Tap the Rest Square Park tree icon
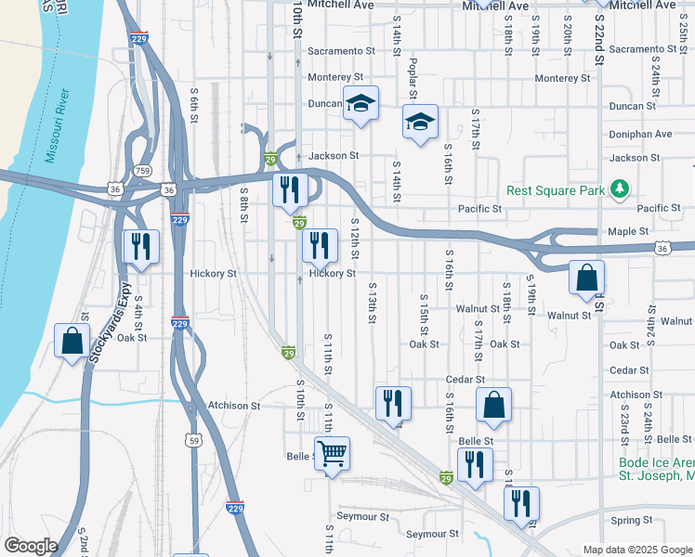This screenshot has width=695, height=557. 620,190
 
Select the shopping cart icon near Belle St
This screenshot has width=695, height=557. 332,454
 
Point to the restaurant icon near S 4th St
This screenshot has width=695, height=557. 141,246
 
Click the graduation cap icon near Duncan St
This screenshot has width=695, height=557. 361,103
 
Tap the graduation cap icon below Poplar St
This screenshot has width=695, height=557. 420,122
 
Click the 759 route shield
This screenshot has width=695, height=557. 142,170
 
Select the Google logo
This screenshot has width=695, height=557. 31,546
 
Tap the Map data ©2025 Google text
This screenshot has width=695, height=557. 636,550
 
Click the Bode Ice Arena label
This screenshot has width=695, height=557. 655,462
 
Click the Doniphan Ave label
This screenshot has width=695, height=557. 640,134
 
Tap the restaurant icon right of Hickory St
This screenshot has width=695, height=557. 320,246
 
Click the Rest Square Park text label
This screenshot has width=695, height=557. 556,191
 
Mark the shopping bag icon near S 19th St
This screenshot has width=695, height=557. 587,277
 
